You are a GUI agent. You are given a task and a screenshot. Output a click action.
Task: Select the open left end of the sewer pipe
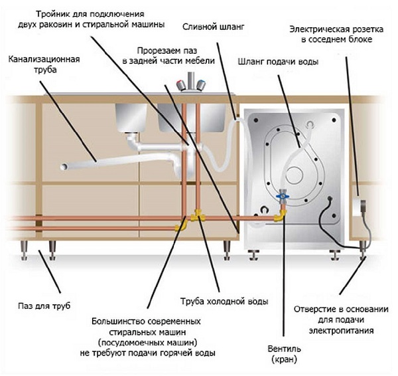[63, 166]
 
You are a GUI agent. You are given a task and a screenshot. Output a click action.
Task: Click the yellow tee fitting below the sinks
[197, 216]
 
